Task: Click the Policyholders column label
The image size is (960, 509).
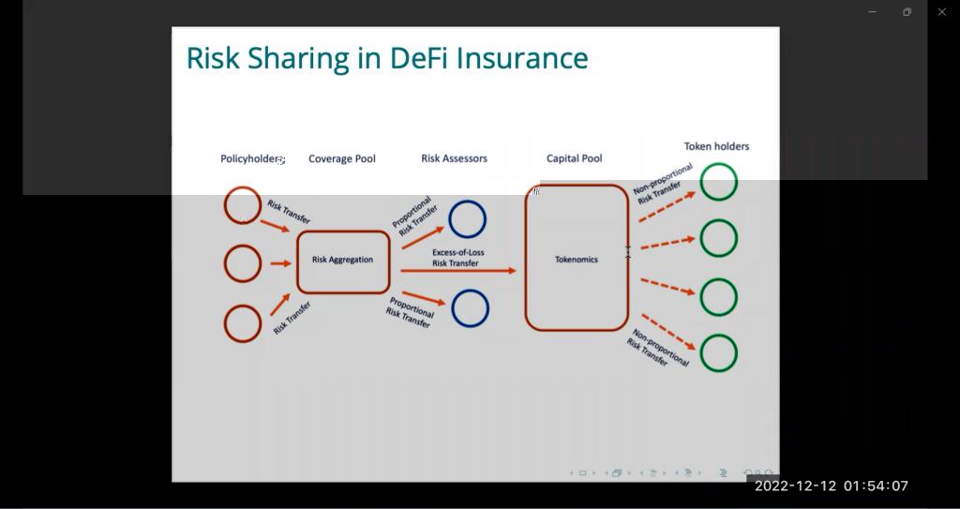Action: tap(252, 158)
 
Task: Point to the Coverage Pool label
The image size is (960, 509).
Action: tap(341, 158)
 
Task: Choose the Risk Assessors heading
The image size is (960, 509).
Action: tap(455, 158)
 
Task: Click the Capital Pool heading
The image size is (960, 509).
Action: tap(575, 158)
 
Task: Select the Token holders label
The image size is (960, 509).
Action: tap(716, 146)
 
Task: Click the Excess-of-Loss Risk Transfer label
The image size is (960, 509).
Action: tap(457, 258)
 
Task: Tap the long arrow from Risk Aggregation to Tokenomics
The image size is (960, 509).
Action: tap(458, 270)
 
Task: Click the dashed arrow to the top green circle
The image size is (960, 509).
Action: tap(667, 206)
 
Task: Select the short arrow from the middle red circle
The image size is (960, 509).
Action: tap(281, 263)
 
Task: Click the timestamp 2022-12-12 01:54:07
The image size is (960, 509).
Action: tap(832, 487)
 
